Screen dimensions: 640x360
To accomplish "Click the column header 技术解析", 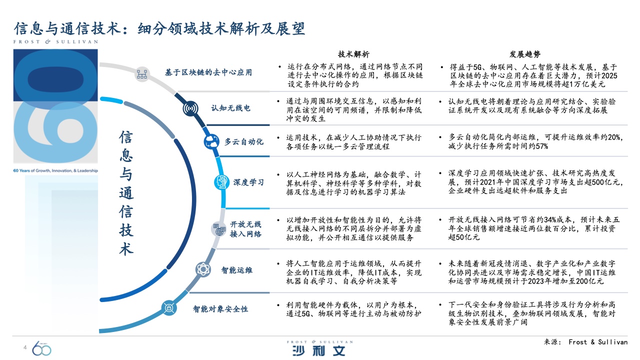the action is point(353,54).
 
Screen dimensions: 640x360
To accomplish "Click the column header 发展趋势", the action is point(525,54).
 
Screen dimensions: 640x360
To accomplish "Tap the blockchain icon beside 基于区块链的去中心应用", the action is point(142,74).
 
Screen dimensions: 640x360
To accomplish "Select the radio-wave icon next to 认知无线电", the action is point(190,108).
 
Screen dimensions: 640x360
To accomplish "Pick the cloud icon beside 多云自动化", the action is point(211,141).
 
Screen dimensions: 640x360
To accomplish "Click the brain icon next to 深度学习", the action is point(221,182).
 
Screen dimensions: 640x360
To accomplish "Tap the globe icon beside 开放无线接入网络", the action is point(219,229).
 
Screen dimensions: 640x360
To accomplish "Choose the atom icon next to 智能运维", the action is point(203,269).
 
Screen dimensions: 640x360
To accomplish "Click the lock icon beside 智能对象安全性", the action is point(169,308).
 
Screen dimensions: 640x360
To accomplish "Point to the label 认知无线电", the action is point(230,108).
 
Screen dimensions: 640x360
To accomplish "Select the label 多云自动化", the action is point(243,141).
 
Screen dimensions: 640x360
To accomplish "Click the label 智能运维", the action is point(237,270).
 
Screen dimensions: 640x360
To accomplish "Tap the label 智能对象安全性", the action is point(220,309).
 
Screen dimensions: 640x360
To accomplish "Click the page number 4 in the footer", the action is point(25,347).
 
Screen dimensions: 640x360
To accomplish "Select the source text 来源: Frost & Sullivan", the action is point(585,342).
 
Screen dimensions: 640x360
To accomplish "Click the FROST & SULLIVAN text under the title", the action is point(55,41).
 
